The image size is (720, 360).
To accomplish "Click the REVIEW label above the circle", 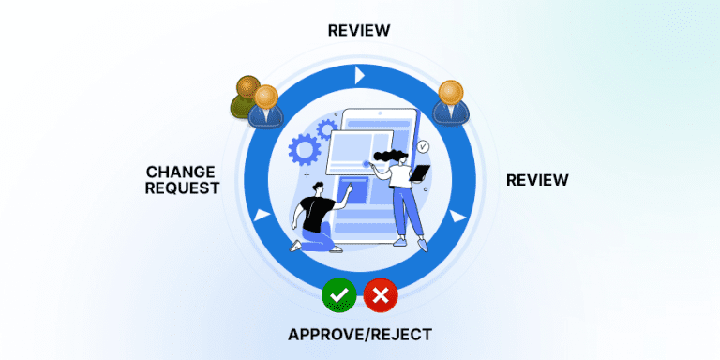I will tap(359, 31).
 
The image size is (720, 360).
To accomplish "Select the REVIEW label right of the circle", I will tap(537, 179).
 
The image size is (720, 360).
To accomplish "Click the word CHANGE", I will tap(182, 172).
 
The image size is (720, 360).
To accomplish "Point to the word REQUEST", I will tap(182, 187).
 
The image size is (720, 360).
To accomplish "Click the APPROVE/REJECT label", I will tap(359, 335).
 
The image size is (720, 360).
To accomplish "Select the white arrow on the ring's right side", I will tap(457, 217).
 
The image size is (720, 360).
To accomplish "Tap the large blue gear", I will tap(304, 148).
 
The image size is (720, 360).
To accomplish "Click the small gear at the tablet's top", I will tap(327, 127).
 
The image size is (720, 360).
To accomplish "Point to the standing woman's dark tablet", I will tap(421, 172).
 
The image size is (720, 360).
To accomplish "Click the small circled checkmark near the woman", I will tap(423, 146).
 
